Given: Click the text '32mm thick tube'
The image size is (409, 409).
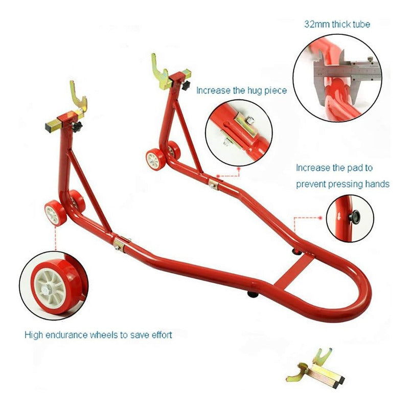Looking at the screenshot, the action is (x=337, y=24).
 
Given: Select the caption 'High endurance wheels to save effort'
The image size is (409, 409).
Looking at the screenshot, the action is (x=98, y=335).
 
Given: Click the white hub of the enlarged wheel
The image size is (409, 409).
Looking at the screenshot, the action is (x=50, y=288).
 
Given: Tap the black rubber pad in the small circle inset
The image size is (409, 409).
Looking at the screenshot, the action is (x=354, y=217).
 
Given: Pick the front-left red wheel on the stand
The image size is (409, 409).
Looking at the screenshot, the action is (x=55, y=213).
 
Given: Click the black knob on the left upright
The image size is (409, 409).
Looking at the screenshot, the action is (x=77, y=127).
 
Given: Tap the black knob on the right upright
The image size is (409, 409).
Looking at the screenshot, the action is (x=186, y=85).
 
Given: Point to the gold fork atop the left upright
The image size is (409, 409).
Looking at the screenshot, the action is (x=79, y=100).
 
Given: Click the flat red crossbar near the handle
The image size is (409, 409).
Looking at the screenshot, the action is (x=294, y=271).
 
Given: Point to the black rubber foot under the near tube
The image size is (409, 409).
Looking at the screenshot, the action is (x=253, y=294).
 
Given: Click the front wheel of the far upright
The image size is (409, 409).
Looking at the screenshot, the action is (x=155, y=160).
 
